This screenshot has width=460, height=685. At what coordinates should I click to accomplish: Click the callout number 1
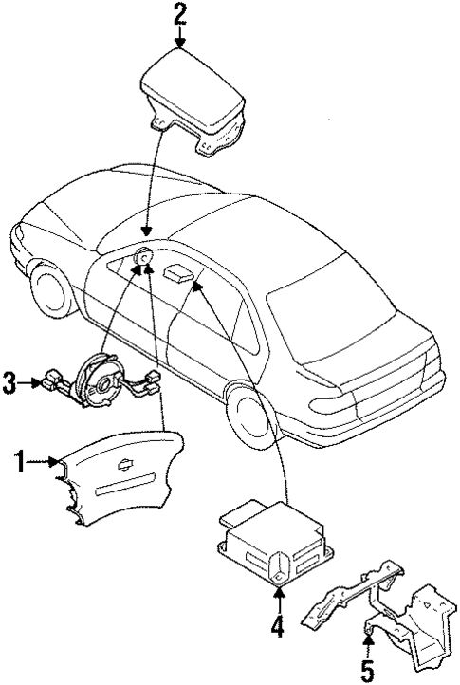point(18,462)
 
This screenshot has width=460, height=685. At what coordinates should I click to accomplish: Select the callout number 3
point(9,383)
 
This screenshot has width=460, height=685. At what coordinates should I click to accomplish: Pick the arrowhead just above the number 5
point(368,643)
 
